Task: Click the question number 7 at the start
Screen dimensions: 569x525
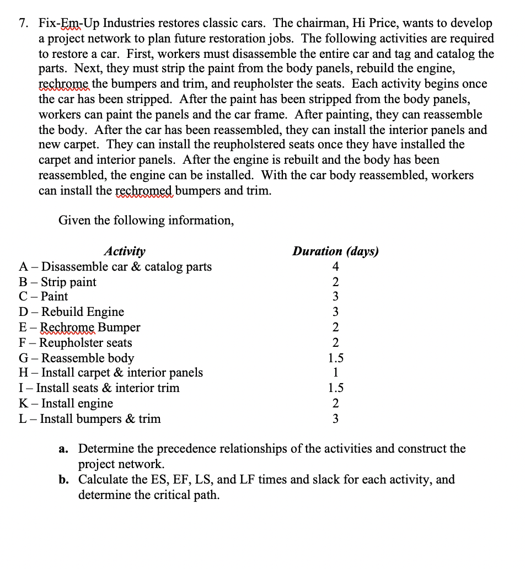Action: tap(23, 24)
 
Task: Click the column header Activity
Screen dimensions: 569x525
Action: tap(125, 251)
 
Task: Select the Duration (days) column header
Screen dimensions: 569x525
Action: tap(335, 251)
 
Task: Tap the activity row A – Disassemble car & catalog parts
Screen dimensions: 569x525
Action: tap(115, 267)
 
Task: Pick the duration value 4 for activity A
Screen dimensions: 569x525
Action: tap(335, 267)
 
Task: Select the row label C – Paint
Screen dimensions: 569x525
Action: tap(44, 297)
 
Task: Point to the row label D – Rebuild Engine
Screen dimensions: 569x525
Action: tap(72, 312)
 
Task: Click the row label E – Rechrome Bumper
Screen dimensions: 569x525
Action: tap(79, 328)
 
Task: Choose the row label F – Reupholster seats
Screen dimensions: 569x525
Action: tap(76, 342)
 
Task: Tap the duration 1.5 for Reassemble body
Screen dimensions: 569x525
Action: tap(335, 358)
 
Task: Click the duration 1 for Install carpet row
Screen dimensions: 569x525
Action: tap(335, 373)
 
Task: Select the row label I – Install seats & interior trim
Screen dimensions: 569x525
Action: tap(99, 388)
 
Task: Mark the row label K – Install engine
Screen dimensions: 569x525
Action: tap(66, 404)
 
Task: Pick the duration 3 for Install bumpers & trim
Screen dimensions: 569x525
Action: tap(335, 419)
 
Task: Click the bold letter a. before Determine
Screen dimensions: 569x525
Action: tap(64, 449)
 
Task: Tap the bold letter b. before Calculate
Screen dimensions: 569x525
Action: tap(64, 479)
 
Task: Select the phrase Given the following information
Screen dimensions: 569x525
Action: tap(146, 221)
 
